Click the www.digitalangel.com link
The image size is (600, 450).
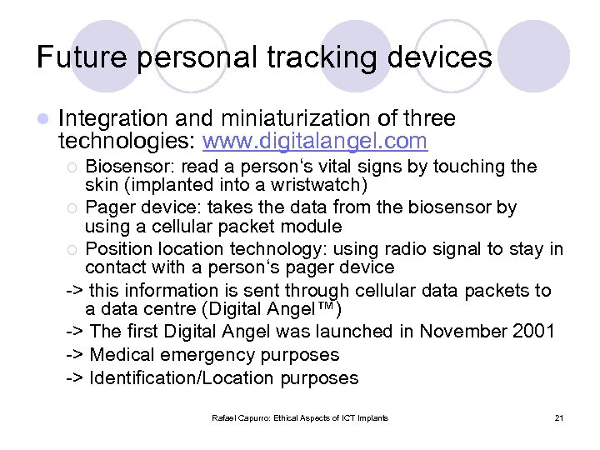(315, 140)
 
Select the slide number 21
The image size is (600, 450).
(558, 417)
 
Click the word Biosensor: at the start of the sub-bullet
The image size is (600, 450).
(132, 167)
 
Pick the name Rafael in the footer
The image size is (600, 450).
(225, 417)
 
